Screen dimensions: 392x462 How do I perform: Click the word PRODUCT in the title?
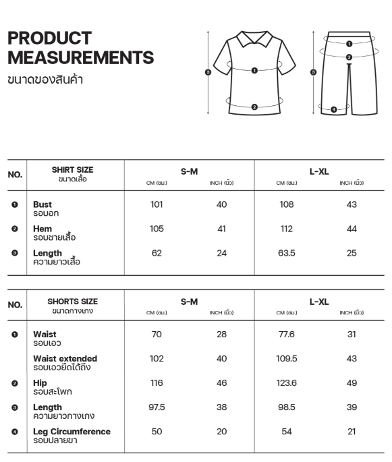49,38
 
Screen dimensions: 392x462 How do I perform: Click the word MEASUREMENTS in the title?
80,57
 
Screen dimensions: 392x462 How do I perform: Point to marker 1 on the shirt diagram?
254,69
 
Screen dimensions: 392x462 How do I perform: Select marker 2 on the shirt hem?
254,107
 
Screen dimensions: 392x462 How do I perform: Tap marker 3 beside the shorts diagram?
312,72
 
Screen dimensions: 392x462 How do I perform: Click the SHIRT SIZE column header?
72,170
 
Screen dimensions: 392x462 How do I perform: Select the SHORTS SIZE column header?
72,301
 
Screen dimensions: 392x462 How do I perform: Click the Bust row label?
43,204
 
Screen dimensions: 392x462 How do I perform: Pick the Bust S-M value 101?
157,204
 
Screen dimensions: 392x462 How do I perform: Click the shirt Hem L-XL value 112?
287,229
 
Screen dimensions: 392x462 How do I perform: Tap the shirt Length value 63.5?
287,253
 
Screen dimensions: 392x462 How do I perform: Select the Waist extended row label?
65,358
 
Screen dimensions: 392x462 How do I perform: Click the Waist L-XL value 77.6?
287,334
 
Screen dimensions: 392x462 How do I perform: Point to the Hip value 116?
157,382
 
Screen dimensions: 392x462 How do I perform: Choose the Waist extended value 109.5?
287,358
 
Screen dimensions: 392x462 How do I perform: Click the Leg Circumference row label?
72,431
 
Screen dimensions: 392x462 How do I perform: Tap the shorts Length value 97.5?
157,407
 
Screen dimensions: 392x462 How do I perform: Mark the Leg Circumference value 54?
287,431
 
